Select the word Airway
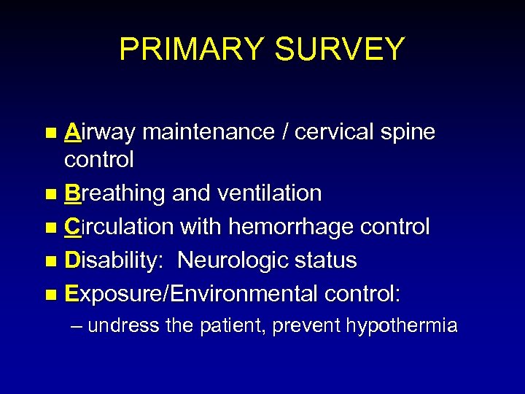100,133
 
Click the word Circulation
119,227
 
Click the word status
328,260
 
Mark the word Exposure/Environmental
191,294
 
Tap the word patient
231,325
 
